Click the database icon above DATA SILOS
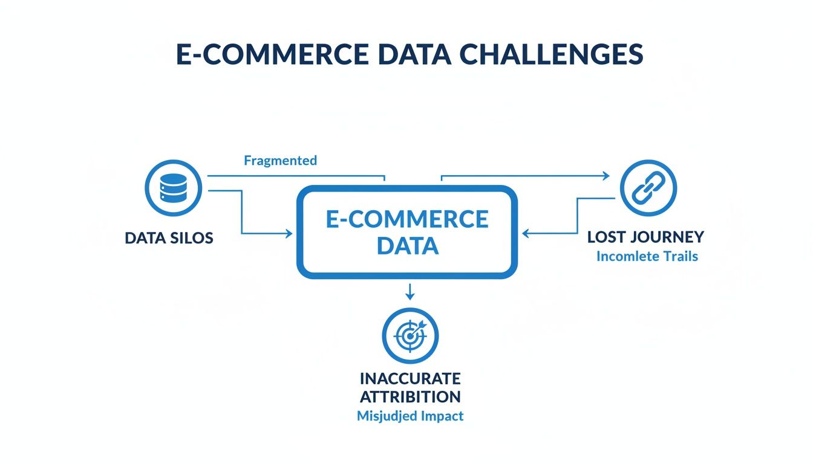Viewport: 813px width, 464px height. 174,188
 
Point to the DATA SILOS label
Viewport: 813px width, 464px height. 169,237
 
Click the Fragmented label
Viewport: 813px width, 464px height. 280,160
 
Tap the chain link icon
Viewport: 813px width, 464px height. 648,188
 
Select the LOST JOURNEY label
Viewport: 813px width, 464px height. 645,236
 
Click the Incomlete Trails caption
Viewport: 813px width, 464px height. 647,256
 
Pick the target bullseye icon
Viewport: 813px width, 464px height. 410,335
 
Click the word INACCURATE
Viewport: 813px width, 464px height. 410,379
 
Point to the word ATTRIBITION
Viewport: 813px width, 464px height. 410,397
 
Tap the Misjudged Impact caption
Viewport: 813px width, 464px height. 410,416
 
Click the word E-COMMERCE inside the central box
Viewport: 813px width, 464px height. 406,219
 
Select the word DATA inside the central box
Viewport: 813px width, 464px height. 406,246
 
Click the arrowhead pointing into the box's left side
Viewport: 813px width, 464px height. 288,233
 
